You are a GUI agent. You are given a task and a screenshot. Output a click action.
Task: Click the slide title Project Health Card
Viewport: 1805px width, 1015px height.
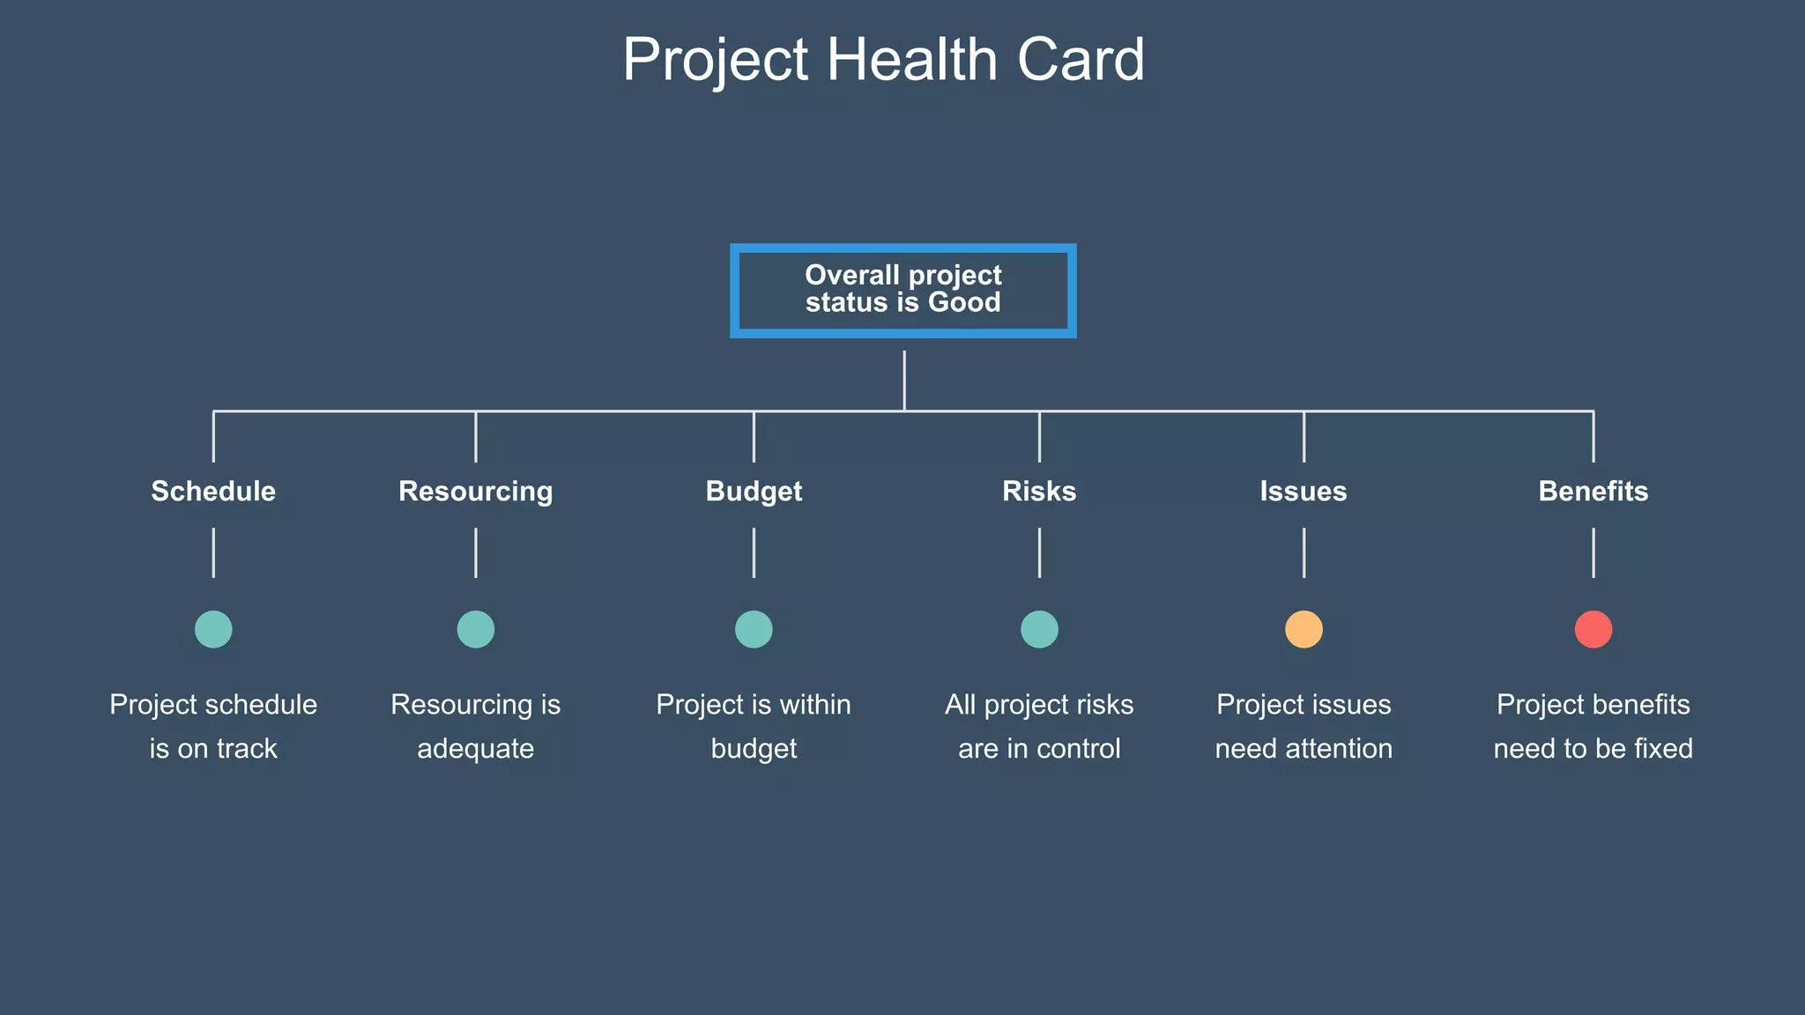883,60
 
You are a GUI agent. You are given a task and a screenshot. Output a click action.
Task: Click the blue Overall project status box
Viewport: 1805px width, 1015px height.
902,290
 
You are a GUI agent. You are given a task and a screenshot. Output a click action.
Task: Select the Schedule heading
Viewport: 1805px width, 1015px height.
213,491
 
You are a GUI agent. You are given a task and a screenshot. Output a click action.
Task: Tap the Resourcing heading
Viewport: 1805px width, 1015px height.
475,491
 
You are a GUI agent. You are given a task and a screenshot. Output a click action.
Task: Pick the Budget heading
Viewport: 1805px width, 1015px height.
754,491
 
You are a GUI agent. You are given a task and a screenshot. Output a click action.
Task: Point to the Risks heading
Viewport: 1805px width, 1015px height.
1039,491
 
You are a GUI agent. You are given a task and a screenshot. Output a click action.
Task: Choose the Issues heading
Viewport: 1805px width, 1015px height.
1303,491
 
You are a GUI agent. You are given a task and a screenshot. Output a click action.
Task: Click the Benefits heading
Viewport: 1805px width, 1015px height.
1593,491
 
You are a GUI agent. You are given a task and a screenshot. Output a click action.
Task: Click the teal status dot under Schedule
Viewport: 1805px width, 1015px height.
213,629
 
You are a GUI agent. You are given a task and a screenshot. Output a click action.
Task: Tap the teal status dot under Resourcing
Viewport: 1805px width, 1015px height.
475,629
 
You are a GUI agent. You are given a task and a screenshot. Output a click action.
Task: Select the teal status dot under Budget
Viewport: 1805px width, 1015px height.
754,629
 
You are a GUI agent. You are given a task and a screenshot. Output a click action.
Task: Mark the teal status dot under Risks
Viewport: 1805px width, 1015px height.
1039,629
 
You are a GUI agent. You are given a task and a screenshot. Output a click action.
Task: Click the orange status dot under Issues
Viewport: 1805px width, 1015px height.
1304,629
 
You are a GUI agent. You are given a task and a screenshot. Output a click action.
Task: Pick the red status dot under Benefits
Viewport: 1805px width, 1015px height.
1593,629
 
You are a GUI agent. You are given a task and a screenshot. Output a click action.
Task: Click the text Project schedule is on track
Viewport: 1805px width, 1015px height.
213,726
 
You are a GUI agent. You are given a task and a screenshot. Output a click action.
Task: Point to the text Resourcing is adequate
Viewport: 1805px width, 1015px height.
475,726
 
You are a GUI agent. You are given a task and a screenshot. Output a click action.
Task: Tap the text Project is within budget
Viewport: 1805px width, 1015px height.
754,726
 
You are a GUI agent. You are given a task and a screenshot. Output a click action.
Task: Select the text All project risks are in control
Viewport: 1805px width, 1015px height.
1039,726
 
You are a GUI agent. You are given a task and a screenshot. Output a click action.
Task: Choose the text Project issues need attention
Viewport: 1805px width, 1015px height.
1304,726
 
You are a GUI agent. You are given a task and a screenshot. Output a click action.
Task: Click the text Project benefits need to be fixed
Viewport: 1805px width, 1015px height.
1593,726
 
